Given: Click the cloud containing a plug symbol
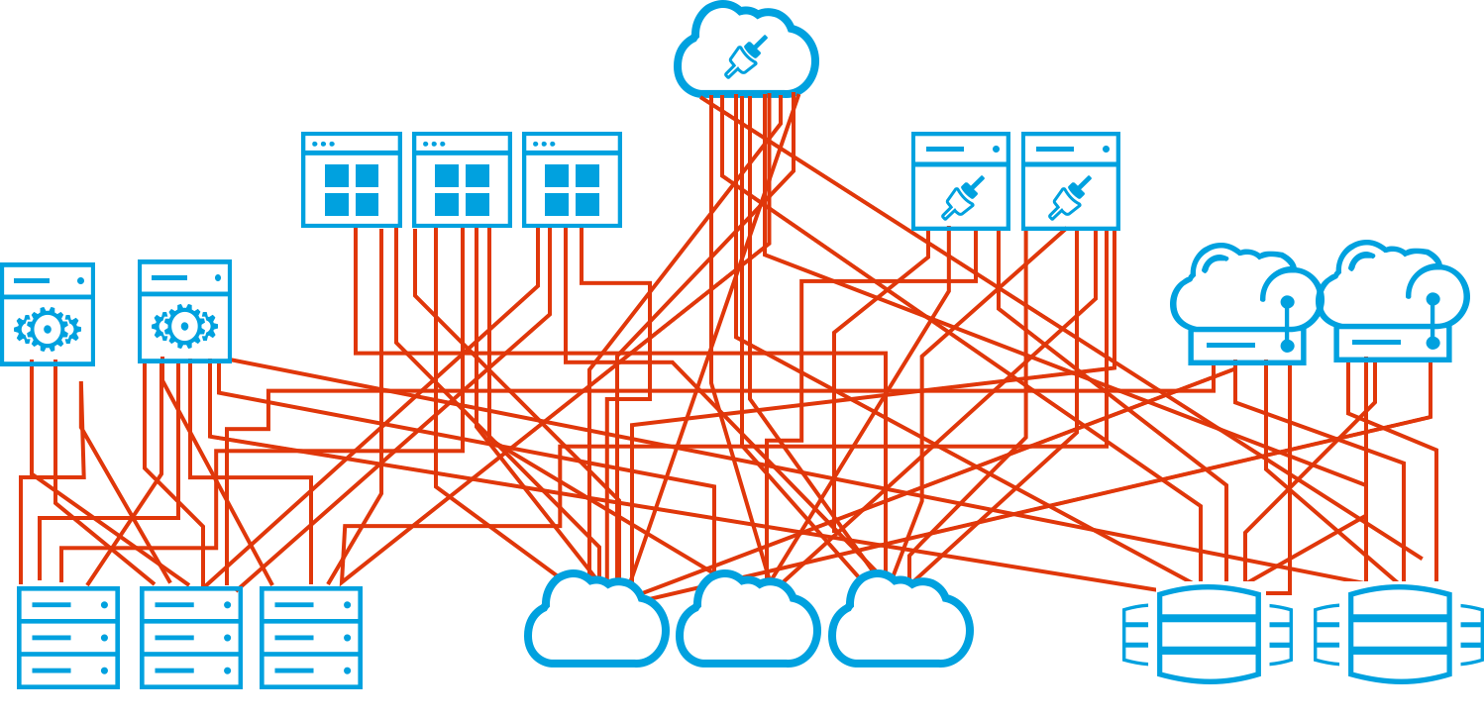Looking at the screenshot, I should [746, 54].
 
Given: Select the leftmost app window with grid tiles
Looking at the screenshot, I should [352, 180].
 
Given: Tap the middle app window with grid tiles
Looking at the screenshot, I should [462, 180].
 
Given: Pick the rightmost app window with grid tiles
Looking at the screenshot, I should [572, 180].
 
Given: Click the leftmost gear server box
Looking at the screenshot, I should [48, 314].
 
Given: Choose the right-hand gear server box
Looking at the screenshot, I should [184, 311].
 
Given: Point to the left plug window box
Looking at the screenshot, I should [960, 181].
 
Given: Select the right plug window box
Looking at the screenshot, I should [1070, 181].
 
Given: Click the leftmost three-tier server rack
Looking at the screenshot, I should [68, 637].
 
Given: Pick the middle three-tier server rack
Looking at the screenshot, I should [191, 637].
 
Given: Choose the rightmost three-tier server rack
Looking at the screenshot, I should [311, 637].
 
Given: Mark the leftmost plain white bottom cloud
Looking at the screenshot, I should [596, 623].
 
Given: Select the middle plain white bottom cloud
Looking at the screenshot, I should [748, 623].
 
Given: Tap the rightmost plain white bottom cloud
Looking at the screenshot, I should [901, 623].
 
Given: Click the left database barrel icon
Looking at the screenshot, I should [1209, 634].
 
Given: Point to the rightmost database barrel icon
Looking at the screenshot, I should [1399, 634].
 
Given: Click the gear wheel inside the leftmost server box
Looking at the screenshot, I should [48, 329].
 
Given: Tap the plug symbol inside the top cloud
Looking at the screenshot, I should [745, 57].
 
